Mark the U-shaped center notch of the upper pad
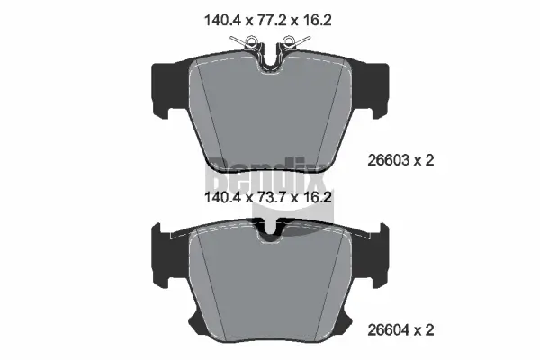tap(271, 61)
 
